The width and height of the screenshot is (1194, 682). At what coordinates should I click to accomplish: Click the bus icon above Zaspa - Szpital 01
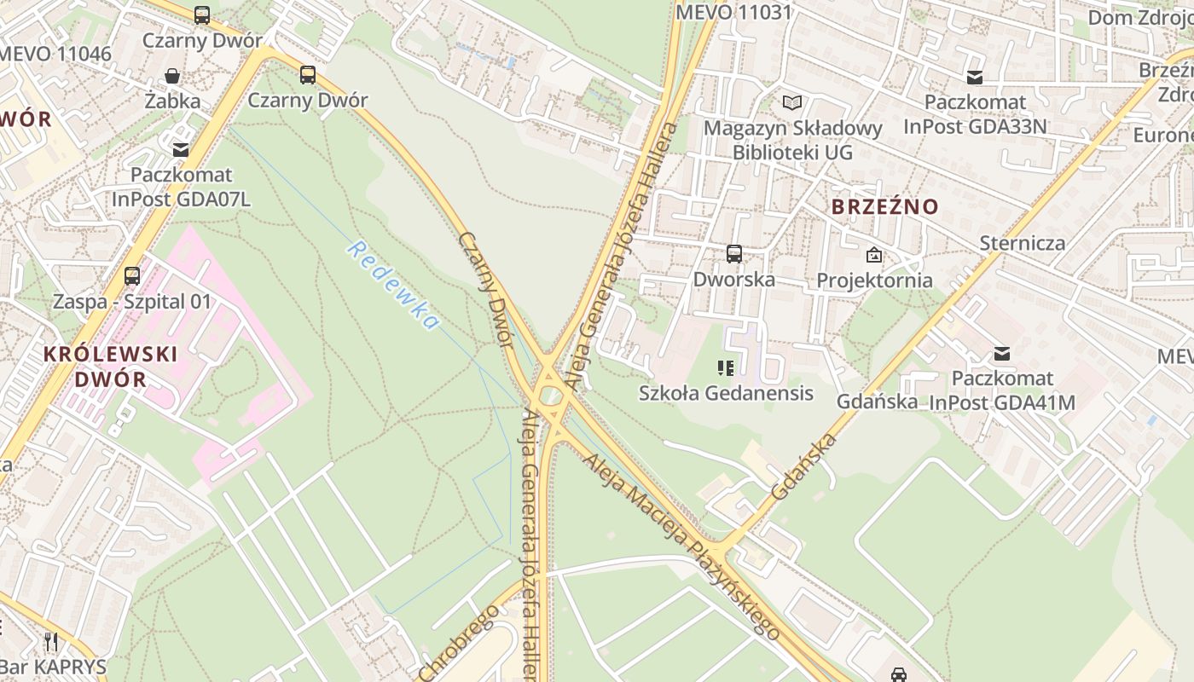point(132,275)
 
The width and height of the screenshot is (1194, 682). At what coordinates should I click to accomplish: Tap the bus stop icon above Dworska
point(733,253)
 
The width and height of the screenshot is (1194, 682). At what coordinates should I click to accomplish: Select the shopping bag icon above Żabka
point(172,76)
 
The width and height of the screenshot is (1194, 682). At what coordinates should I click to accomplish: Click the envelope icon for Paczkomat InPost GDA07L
point(180,150)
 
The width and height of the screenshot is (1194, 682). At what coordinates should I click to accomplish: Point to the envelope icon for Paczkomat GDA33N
point(975,78)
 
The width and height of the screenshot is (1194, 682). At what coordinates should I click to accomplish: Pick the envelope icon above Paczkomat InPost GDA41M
point(1002,353)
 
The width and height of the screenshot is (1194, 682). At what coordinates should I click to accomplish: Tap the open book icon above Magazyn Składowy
point(792,103)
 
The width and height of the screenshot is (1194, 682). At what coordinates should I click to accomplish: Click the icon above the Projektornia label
point(874,255)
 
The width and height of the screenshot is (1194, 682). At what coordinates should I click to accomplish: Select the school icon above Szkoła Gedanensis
point(726,368)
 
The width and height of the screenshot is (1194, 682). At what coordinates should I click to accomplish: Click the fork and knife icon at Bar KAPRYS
point(51,640)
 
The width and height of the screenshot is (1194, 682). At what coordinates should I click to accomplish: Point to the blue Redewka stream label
point(393,286)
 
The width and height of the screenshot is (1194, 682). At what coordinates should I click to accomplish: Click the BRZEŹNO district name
point(884,206)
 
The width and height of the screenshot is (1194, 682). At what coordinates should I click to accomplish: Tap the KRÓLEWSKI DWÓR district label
point(110,367)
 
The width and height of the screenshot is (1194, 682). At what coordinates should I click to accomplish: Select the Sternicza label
point(1022,243)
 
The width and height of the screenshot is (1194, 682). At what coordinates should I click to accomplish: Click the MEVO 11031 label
point(733,12)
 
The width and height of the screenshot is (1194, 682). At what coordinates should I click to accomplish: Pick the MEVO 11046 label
point(55,54)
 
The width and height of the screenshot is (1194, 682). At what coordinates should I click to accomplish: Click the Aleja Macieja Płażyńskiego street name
point(681,546)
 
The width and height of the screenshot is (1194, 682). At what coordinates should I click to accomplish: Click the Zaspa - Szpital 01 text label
point(132,302)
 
